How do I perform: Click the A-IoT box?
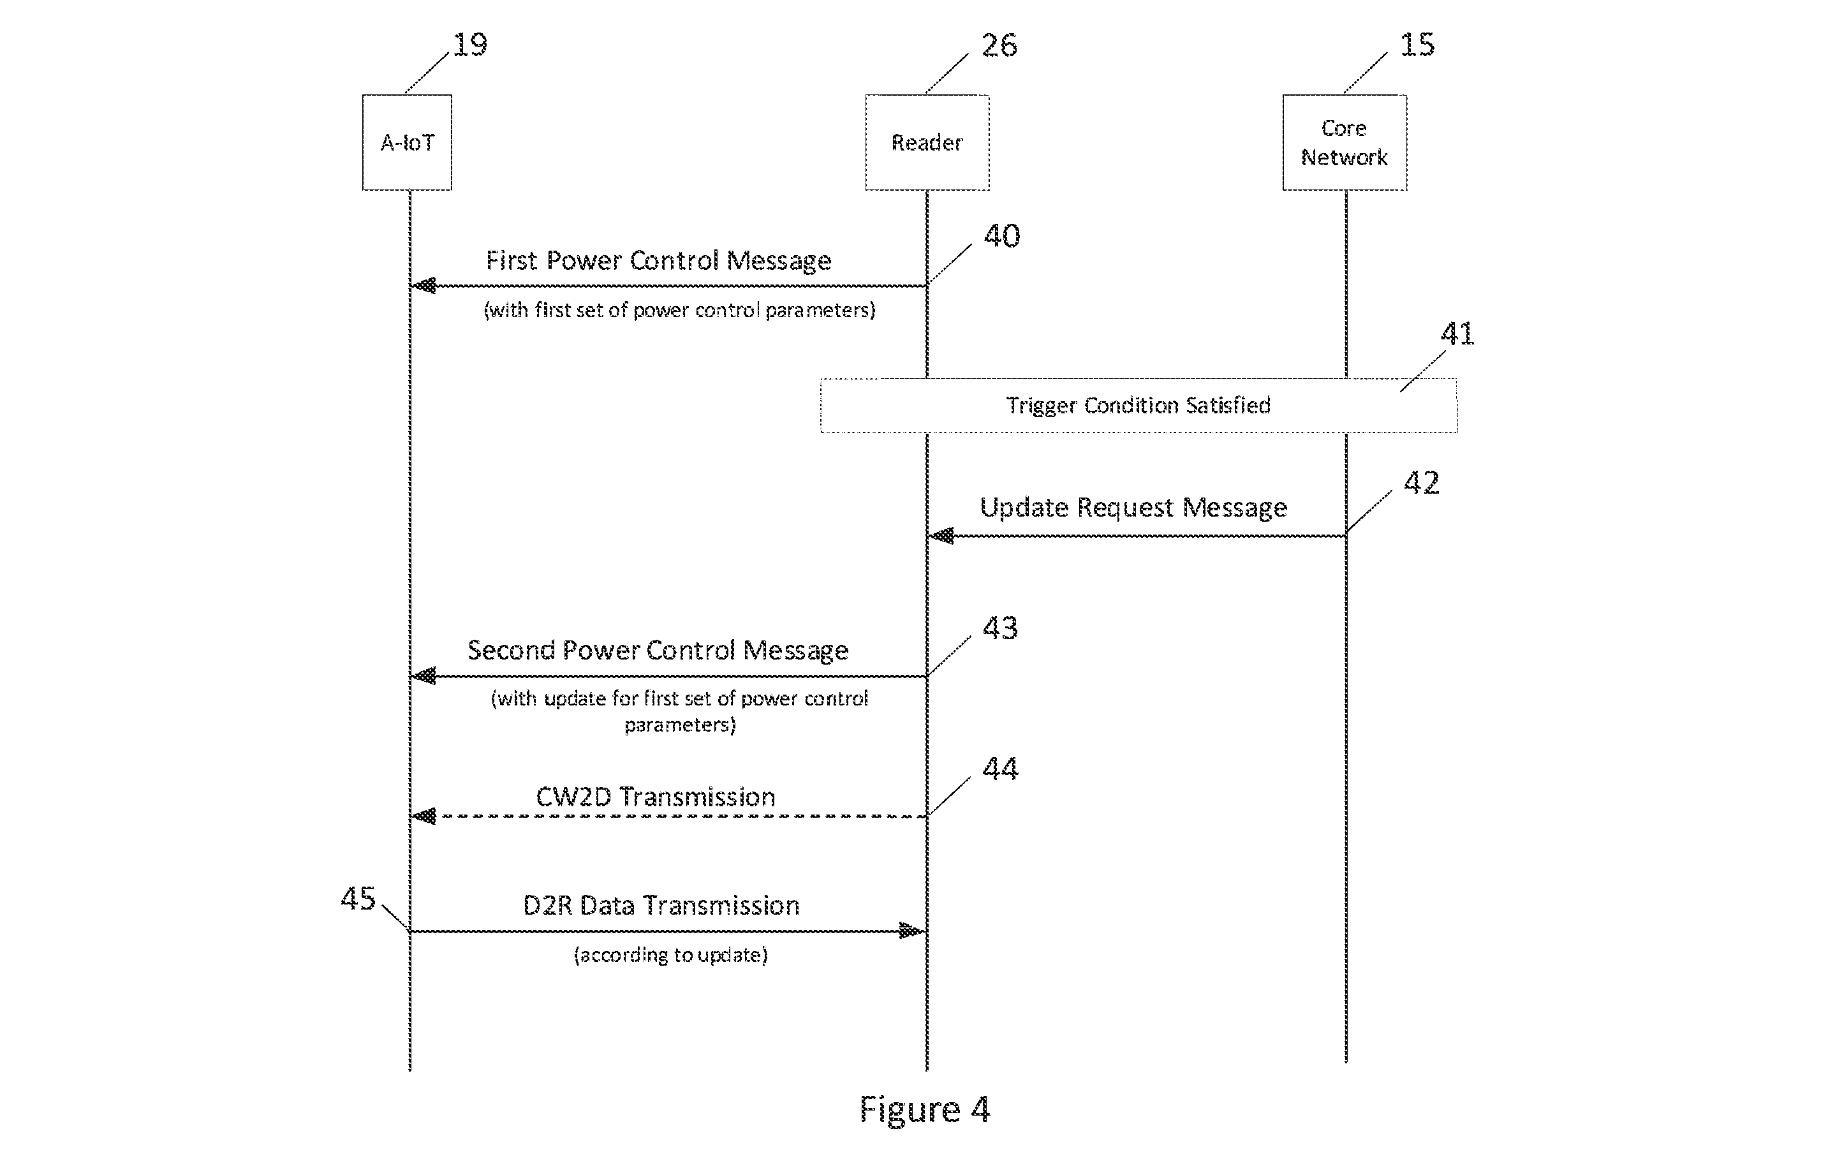pyautogui.click(x=407, y=142)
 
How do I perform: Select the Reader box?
pyautogui.click(x=927, y=142)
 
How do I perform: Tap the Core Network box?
pyautogui.click(x=1345, y=142)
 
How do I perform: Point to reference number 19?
pyautogui.click(x=469, y=45)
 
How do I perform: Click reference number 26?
pyautogui.click(x=999, y=45)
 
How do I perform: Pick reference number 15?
pyautogui.click(x=1417, y=45)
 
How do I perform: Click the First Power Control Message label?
pyautogui.click(x=659, y=261)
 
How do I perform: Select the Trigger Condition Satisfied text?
pyautogui.click(x=1138, y=406)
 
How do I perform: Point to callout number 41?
pyautogui.click(x=1457, y=334)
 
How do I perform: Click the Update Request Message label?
pyautogui.click(x=1133, y=508)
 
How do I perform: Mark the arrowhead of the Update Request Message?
pyautogui.click(x=941, y=536)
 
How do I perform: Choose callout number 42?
pyautogui.click(x=1421, y=483)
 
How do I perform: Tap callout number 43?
pyautogui.click(x=1000, y=628)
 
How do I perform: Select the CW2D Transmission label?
pyautogui.click(x=656, y=797)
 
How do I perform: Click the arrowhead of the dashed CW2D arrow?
pyautogui.click(x=423, y=816)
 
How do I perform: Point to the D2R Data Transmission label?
pyautogui.click(x=661, y=906)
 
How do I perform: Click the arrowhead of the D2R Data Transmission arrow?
pyautogui.click(x=913, y=931)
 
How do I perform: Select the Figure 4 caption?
pyautogui.click(x=925, y=1110)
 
